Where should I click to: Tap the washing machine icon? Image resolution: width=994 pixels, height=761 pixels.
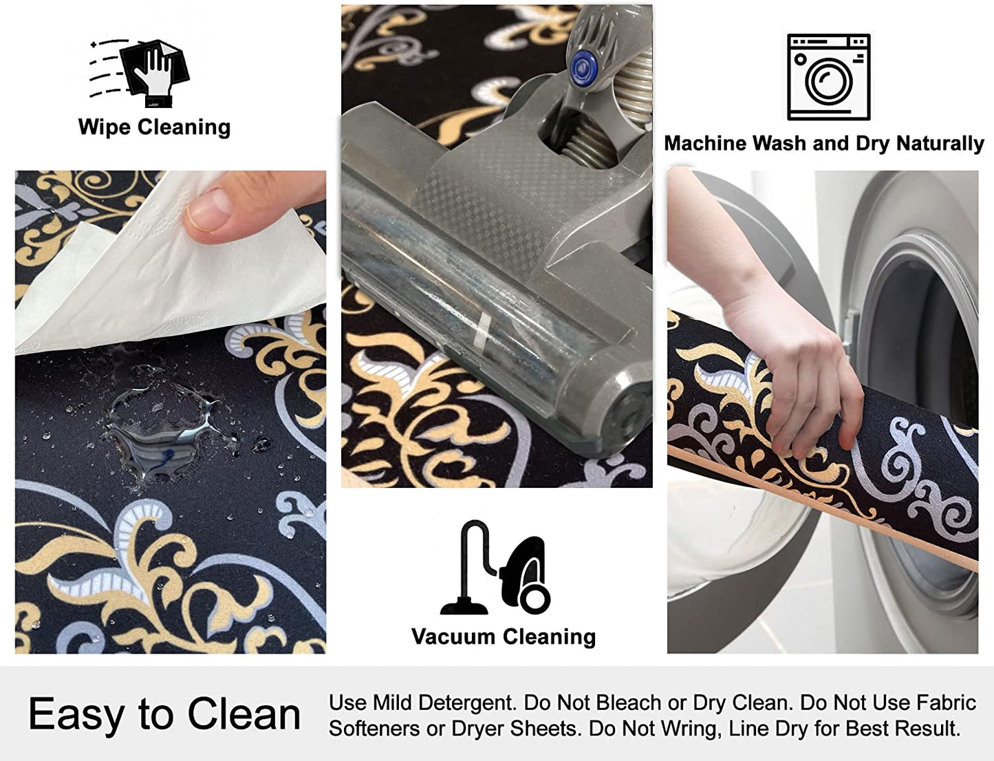click(828, 77)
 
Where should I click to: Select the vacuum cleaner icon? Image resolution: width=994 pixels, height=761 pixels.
click(495, 567)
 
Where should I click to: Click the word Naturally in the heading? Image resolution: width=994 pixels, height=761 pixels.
click(940, 144)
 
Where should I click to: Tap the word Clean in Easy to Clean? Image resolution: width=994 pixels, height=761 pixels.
click(244, 714)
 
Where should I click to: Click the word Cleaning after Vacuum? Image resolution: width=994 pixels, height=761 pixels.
click(550, 637)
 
